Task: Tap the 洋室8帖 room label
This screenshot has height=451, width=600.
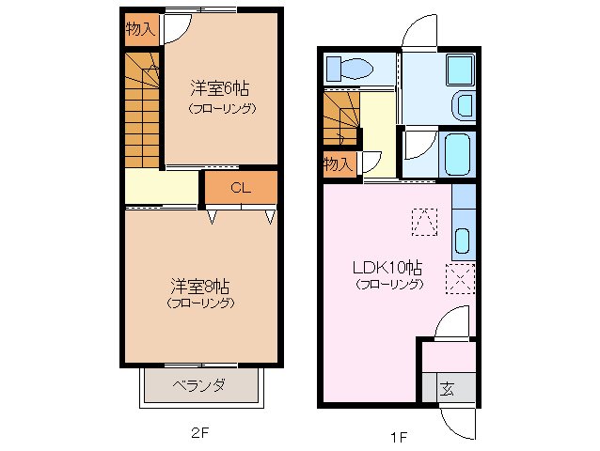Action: (200, 285)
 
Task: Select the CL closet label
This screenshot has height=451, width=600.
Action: (241, 188)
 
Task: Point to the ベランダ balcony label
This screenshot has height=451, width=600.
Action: (198, 385)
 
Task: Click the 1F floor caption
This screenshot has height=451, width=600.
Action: (400, 435)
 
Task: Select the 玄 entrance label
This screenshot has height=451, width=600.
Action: (447, 387)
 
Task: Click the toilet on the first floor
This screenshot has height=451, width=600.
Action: (348, 69)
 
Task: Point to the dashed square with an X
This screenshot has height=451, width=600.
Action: (461, 279)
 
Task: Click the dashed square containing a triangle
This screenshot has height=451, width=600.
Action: (424, 222)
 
